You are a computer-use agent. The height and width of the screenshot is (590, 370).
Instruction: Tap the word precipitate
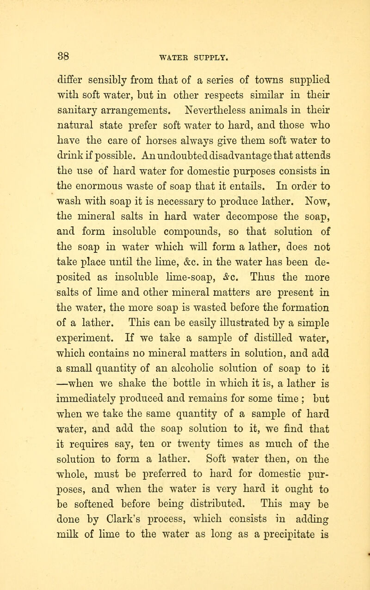tap(277, 580)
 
